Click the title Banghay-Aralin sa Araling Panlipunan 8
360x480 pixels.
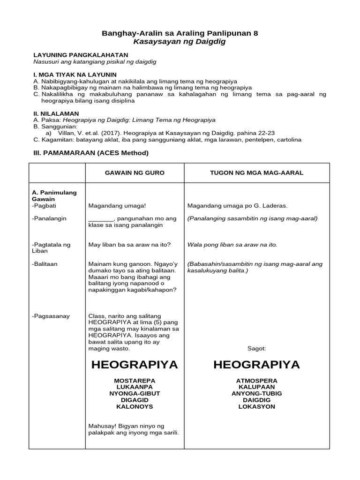click(180, 33)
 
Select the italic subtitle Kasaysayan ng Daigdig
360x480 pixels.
click(180, 42)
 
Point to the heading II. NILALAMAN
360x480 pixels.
click(56, 113)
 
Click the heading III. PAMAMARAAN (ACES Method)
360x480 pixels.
click(90, 153)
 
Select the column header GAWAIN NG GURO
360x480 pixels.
click(135, 173)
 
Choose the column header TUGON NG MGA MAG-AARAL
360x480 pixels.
click(256, 173)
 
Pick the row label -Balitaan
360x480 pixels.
click(45, 264)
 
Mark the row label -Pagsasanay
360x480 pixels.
click(51, 316)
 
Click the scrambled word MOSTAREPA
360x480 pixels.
click(135, 380)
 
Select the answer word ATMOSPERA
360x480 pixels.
click(256, 380)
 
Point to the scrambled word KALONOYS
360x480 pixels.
click(135, 406)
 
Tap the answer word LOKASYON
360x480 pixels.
click(256, 406)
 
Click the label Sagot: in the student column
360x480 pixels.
click(256, 349)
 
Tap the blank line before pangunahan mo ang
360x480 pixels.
click(101, 218)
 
